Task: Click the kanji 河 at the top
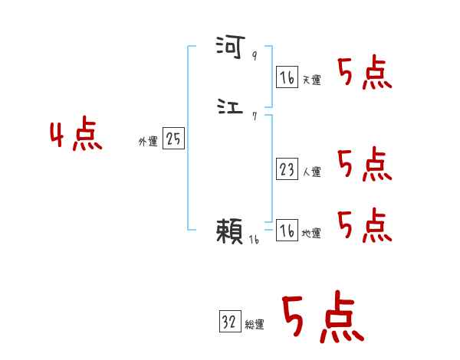[230, 48]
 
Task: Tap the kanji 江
[230, 107]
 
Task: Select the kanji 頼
[230, 230]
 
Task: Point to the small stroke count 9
[255, 56]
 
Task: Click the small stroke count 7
[254, 116]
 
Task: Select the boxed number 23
[287, 169]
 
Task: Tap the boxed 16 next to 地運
[287, 231]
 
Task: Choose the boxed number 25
[174, 139]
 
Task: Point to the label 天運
[311, 80]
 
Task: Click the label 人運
[311, 172]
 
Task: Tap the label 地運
[311, 234]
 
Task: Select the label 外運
[147, 142]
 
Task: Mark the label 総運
[255, 325]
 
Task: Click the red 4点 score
[76, 136]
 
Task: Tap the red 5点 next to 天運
[365, 73]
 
